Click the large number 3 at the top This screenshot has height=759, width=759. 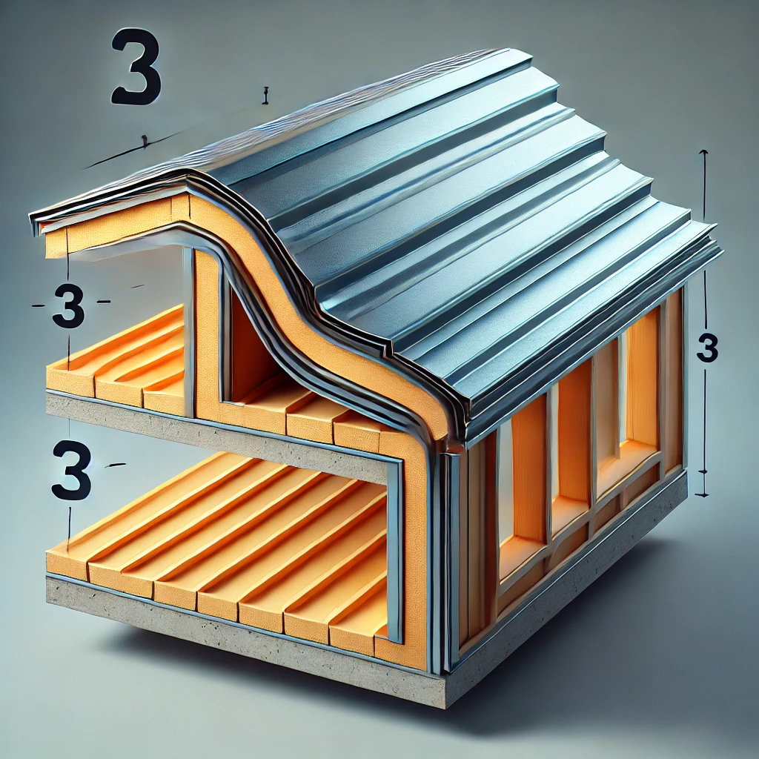click(x=136, y=67)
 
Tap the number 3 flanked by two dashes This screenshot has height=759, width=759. click(x=68, y=306)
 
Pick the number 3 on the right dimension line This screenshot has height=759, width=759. click(x=707, y=348)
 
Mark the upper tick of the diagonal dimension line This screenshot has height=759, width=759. click(x=265, y=96)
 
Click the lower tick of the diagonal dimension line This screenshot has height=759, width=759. click(x=144, y=140)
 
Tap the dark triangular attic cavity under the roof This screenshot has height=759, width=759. click(x=249, y=348)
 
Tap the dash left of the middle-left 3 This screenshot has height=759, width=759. click(x=39, y=305)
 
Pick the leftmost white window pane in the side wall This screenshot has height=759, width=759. click(x=505, y=489)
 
